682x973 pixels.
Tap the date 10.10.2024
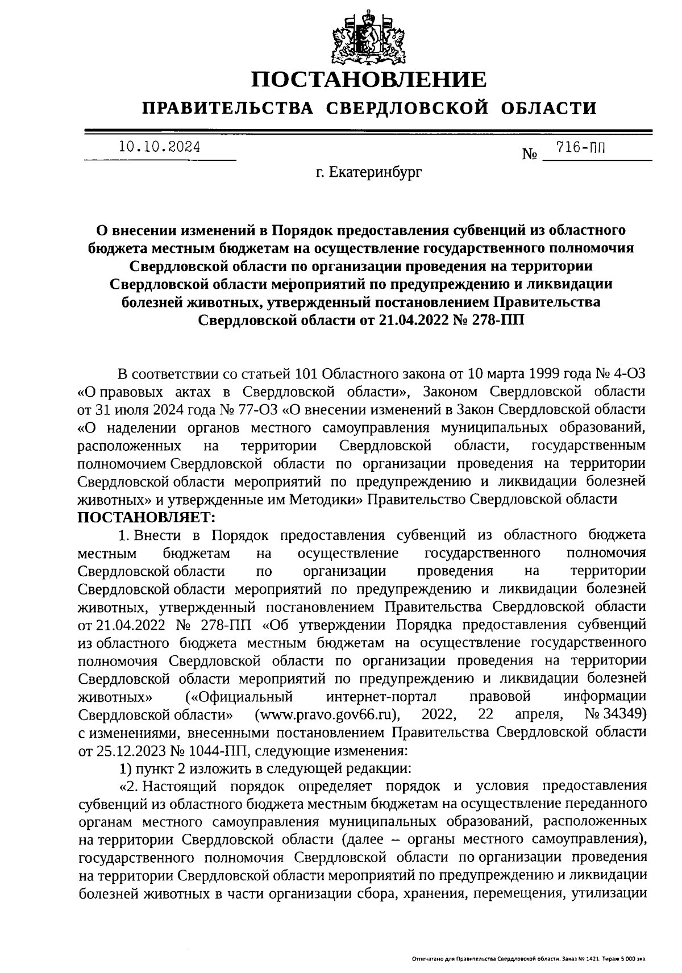[x=160, y=147]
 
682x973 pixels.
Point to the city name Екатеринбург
[x=375, y=172]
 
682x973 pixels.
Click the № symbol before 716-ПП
[x=530, y=154]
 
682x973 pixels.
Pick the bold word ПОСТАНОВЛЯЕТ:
[x=147, y=517]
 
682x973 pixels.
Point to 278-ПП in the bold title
[x=493, y=319]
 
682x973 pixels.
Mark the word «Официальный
[x=239, y=696]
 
